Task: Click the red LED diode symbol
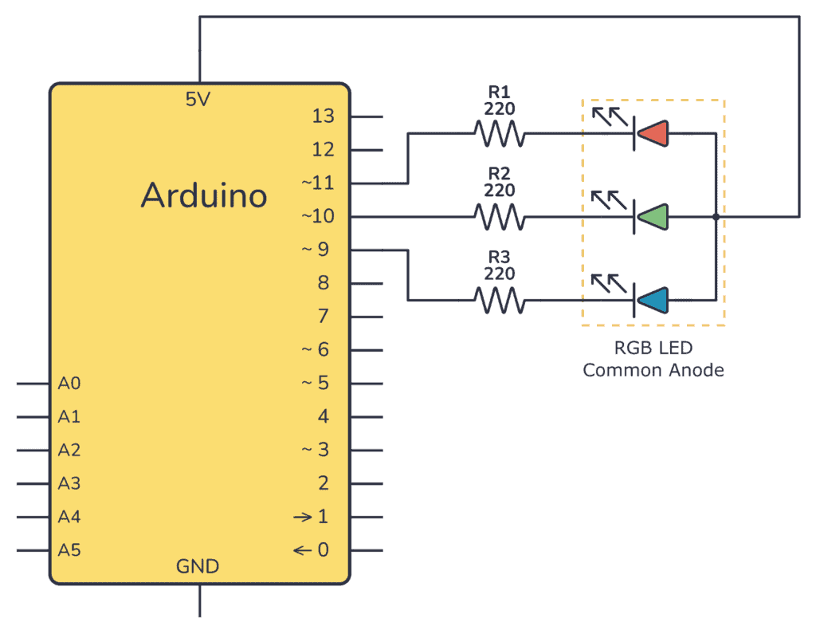653,133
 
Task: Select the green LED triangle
653,216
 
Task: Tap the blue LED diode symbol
653,300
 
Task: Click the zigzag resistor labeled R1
499,133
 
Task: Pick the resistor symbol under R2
499,216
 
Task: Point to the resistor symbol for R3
499,300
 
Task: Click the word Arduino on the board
204,194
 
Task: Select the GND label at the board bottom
198,566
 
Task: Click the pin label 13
323,116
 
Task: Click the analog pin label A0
69,384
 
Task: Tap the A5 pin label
69,549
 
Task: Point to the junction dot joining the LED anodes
716,216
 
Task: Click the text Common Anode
653,371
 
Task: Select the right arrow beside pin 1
302,517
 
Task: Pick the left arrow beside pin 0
302,549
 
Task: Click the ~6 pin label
316,349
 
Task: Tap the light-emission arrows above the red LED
606,118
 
